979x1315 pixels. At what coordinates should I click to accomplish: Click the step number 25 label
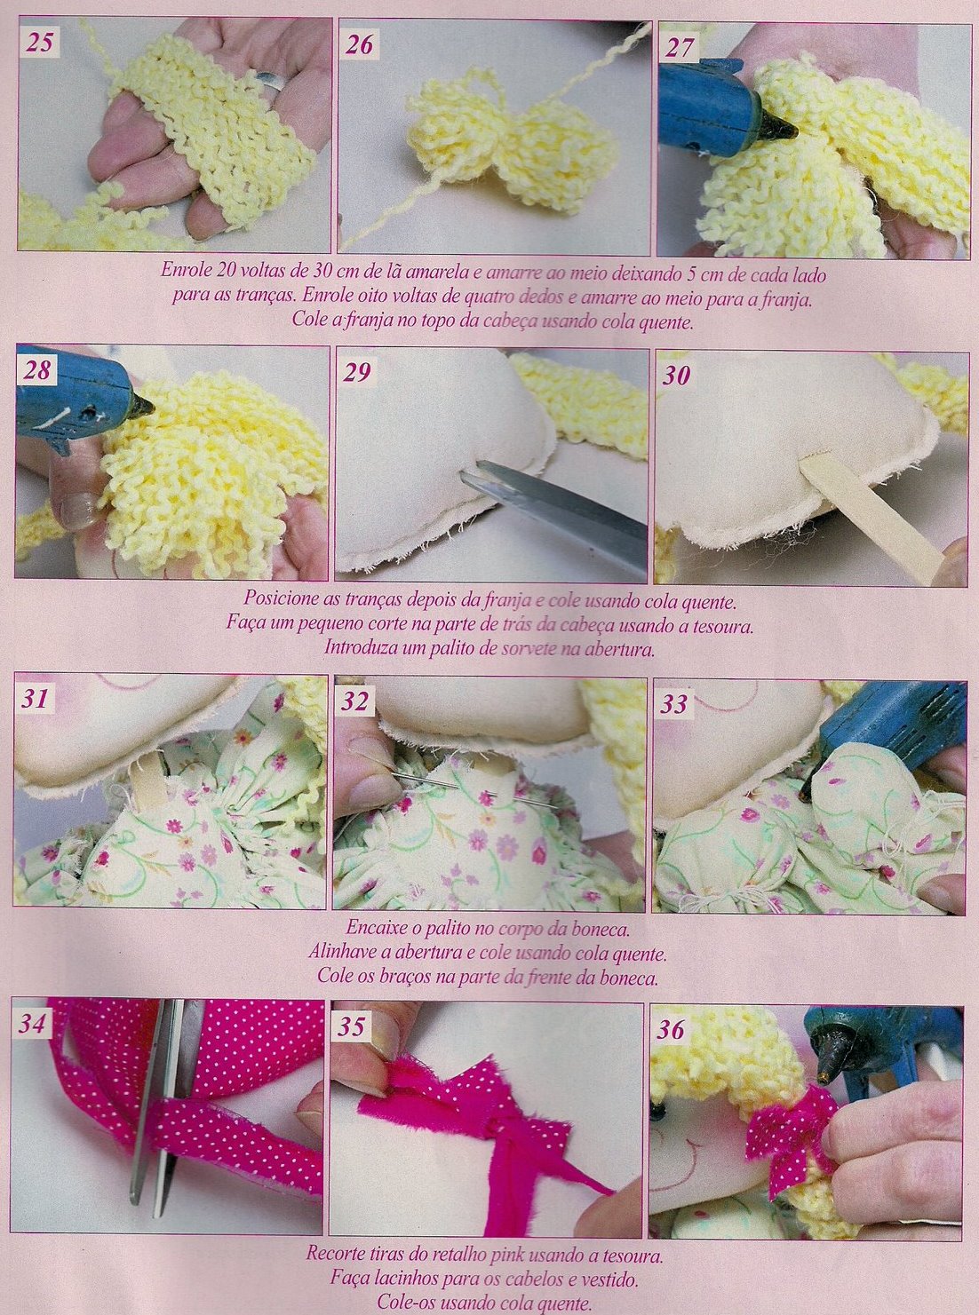(40, 43)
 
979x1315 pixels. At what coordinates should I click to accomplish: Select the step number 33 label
(674, 704)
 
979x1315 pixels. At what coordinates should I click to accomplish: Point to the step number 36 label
(672, 1030)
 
